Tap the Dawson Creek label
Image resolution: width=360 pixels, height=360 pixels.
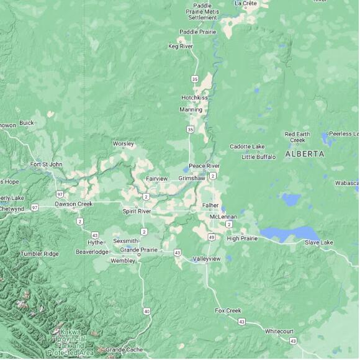73,204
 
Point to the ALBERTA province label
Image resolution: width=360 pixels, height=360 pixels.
304,153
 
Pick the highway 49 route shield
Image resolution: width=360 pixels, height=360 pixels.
212,237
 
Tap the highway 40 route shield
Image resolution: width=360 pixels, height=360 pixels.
146,310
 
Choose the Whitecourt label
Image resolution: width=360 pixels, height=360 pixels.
279,331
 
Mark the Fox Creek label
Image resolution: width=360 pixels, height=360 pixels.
228,310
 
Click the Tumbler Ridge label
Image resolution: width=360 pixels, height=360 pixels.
39,253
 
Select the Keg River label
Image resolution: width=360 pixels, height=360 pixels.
181,46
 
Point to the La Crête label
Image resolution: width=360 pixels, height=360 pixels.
246,3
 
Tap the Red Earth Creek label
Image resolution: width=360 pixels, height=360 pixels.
297,137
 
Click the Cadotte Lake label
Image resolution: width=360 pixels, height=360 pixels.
247,146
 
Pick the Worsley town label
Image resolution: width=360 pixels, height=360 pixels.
123,143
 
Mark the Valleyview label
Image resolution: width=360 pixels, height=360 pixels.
206,258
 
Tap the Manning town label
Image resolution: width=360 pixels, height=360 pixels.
191,110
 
